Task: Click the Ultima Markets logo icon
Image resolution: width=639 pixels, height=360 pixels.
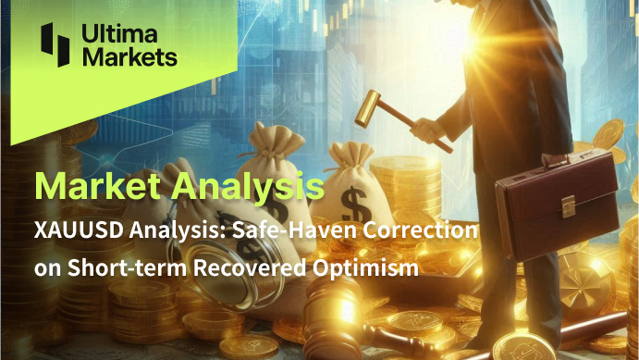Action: coord(55,44)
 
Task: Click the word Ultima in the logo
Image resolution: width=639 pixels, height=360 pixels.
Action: coord(119,33)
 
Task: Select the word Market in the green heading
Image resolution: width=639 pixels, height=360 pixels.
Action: coord(97,185)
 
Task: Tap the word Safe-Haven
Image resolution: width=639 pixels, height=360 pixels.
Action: coord(295,230)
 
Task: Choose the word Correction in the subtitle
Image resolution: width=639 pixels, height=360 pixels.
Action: coord(420,230)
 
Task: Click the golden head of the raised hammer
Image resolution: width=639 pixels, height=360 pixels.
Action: coord(368,108)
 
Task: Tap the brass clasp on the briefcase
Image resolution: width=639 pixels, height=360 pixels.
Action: coord(568,205)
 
